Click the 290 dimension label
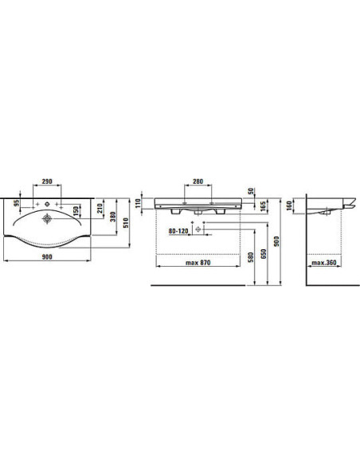(47, 182)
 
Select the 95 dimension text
(17, 203)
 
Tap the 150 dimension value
(76, 211)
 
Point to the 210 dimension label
(100, 208)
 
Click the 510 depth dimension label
(126, 223)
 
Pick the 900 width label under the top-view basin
(47, 257)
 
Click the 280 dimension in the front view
(198, 182)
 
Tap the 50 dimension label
(251, 191)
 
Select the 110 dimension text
(138, 204)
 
